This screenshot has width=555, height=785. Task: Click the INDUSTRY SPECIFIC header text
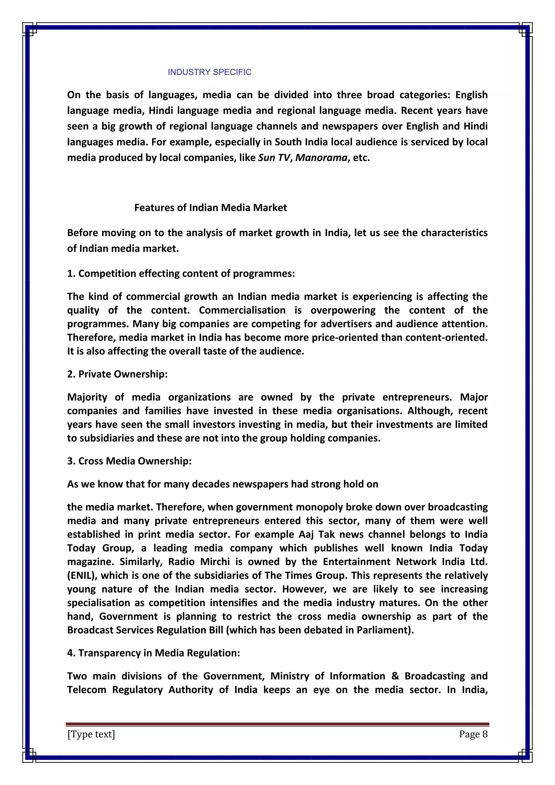coord(209,72)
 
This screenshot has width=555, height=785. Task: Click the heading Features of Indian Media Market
coord(211,208)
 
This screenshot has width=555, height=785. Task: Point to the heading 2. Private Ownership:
coord(117,374)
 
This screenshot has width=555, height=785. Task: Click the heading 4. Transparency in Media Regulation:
coord(153,653)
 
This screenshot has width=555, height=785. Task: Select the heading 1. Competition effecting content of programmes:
coord(181,274)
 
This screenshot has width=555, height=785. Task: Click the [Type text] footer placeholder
coord(91,734)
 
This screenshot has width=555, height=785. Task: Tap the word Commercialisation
coord(242,310)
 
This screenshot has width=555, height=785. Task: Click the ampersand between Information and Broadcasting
coord(395,676)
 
